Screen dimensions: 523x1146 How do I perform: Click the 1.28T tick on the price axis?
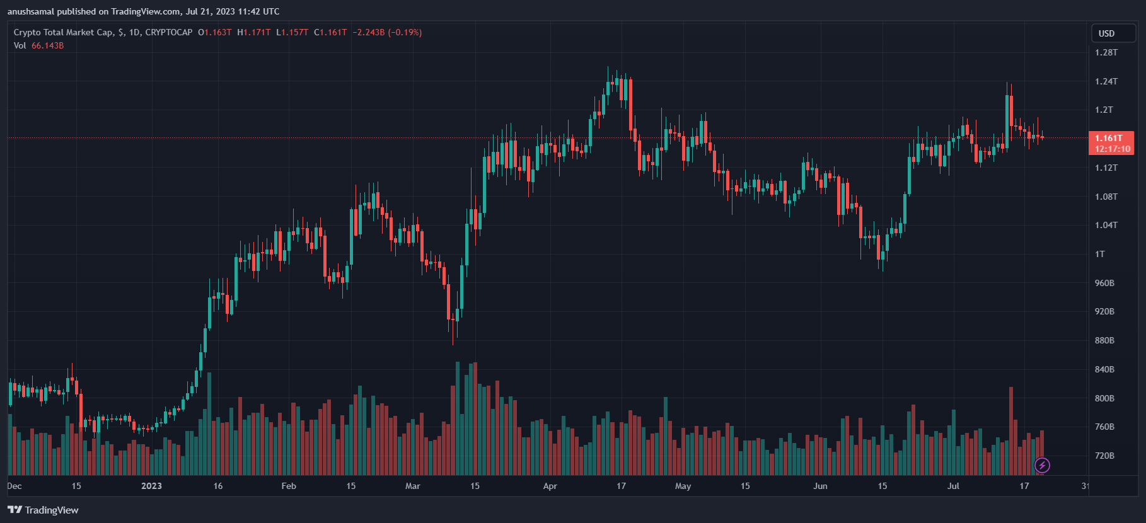1106,52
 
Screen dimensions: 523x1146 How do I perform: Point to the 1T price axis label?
1100,254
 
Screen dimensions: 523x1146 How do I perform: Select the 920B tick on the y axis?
1104,311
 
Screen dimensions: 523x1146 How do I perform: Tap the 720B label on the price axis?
1104,456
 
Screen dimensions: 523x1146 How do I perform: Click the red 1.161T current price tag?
1111,143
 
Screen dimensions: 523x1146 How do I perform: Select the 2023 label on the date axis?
151,486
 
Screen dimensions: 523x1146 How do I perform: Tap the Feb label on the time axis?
289,486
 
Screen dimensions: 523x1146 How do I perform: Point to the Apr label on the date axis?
550,486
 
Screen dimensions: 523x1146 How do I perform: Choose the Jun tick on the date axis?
820,486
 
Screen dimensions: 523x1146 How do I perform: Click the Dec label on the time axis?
14,486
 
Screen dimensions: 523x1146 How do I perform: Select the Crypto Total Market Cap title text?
63,32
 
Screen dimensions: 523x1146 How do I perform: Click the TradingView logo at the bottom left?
43,510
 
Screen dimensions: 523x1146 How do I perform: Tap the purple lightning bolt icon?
1043,466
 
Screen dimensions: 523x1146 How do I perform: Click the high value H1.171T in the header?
253,32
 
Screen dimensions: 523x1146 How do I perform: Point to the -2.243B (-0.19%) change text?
387,32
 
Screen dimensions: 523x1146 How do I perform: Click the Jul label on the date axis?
953,486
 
